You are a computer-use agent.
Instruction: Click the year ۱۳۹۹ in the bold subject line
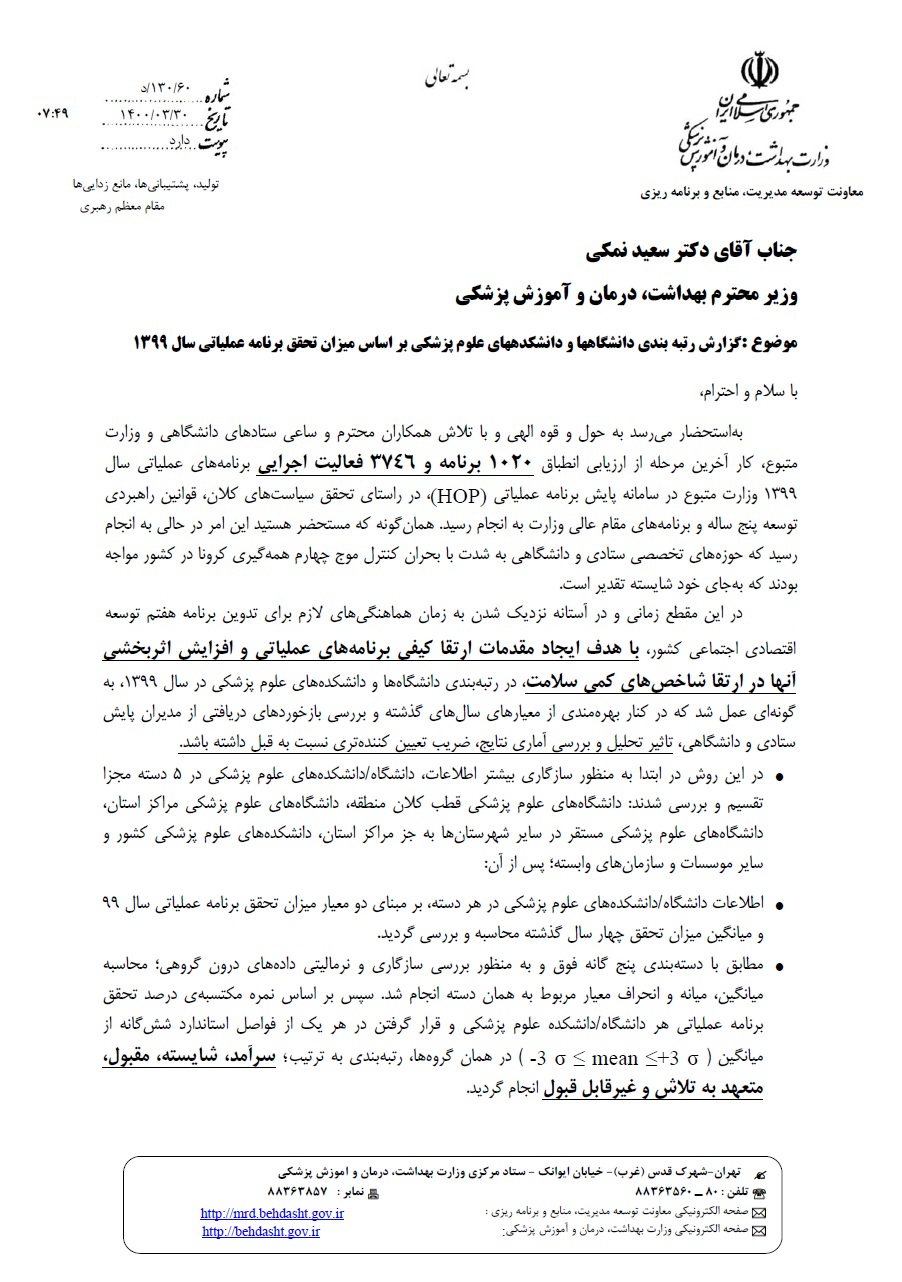pos(152,343)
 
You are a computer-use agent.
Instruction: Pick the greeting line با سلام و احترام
pos(743,392)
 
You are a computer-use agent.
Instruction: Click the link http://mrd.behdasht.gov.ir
pos(272,1212)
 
